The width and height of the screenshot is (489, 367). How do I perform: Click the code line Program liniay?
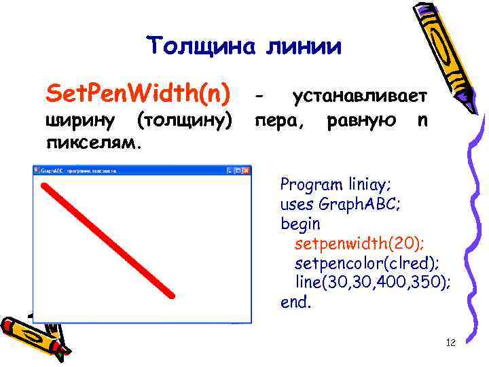tap(336, 184)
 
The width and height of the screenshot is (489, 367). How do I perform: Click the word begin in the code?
tap(300, 223)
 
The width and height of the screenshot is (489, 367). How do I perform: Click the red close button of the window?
tap(245, 171)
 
